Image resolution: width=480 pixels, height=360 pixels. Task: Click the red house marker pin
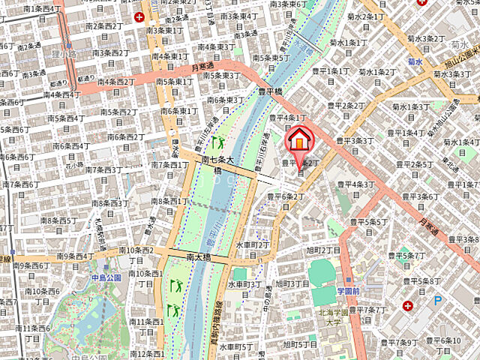299,140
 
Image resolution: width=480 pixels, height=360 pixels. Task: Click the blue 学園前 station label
349,290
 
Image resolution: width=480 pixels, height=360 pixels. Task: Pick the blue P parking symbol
439,301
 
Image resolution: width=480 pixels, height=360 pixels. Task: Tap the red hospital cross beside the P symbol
407,305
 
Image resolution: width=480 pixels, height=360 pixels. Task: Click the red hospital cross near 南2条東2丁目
139,16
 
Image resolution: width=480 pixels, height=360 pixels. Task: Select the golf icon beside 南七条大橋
218,142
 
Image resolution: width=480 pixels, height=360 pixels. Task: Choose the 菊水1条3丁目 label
409,106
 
